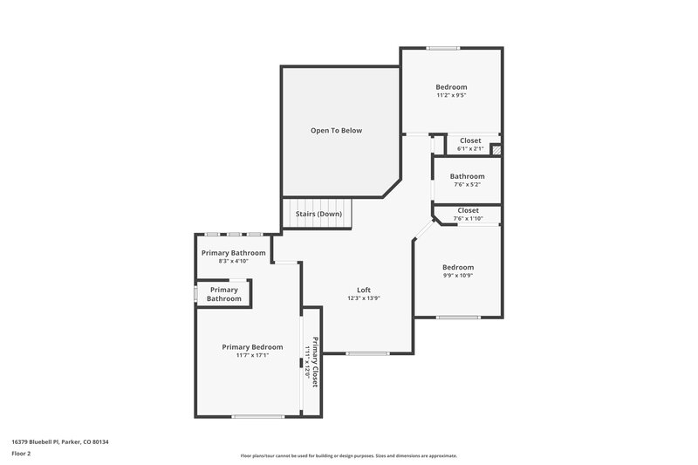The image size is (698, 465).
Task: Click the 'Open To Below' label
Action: tap(336, 131)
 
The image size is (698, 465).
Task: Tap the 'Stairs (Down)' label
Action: tap(318, 214)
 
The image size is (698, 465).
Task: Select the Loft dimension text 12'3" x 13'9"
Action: tap(364, 298)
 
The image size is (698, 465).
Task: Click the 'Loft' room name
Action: tap(364, 290)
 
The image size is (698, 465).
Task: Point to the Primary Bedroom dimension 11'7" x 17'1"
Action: tap(252, 355)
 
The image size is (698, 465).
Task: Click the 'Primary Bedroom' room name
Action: tap(252, 346)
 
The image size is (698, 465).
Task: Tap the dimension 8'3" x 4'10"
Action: tap(233, 261)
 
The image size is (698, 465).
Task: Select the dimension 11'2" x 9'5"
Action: tap(451, 95)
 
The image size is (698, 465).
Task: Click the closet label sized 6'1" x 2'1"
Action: tap(470, 140)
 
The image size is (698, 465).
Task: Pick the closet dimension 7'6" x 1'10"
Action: tap(468, 218)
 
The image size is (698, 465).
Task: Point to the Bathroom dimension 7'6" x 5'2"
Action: tap(467, 185)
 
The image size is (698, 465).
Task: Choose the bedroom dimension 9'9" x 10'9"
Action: tap(457, 276)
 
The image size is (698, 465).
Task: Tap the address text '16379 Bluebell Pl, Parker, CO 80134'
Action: tap(60, 441)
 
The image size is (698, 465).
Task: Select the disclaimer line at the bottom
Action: tap(348, 455)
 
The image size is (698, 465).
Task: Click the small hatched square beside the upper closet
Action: tap(496, 150)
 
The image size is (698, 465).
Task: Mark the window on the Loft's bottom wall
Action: tap(367, 353)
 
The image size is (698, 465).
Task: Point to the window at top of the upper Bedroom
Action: tap(443, 48)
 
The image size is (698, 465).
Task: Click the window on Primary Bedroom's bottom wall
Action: tap(257, 416)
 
